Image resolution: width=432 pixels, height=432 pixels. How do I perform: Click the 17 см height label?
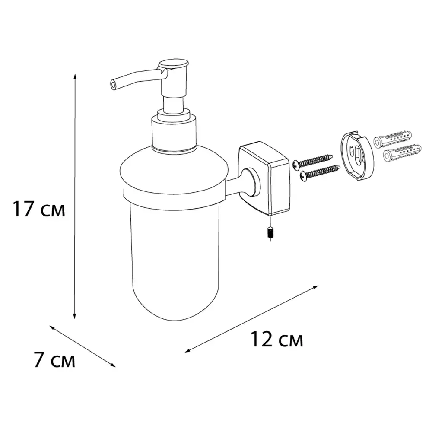coord(39,209)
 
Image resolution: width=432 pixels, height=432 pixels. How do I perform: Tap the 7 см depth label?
coord(54,360)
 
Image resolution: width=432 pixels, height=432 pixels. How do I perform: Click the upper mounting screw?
coord(313,161)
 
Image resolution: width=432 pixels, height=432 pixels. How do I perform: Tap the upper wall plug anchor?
coord(393,138)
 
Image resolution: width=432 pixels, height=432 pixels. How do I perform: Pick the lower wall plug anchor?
coord(402,153)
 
